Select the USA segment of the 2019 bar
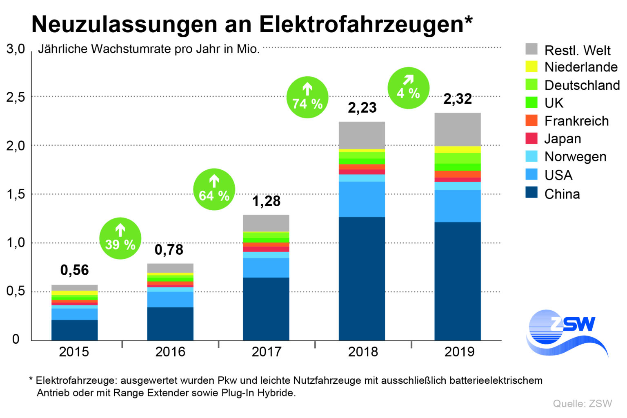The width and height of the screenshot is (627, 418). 457,206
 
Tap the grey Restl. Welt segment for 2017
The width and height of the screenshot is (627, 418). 266,223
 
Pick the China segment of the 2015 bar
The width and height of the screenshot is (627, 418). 74,330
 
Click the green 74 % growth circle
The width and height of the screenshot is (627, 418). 307,97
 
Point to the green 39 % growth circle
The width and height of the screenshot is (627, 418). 120,238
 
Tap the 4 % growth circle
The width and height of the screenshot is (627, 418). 408,88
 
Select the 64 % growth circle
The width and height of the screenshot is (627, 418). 214,189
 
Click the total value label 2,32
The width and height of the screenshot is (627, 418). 458,99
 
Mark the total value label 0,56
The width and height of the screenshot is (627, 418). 74,270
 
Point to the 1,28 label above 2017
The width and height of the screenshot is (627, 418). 266,201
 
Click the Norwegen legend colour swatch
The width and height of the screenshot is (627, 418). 531,156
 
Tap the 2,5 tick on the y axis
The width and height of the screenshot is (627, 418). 16,97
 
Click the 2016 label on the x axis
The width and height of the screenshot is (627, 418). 170,351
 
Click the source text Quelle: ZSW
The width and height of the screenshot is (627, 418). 583,403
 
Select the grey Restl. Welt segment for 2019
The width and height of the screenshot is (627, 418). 457,129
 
